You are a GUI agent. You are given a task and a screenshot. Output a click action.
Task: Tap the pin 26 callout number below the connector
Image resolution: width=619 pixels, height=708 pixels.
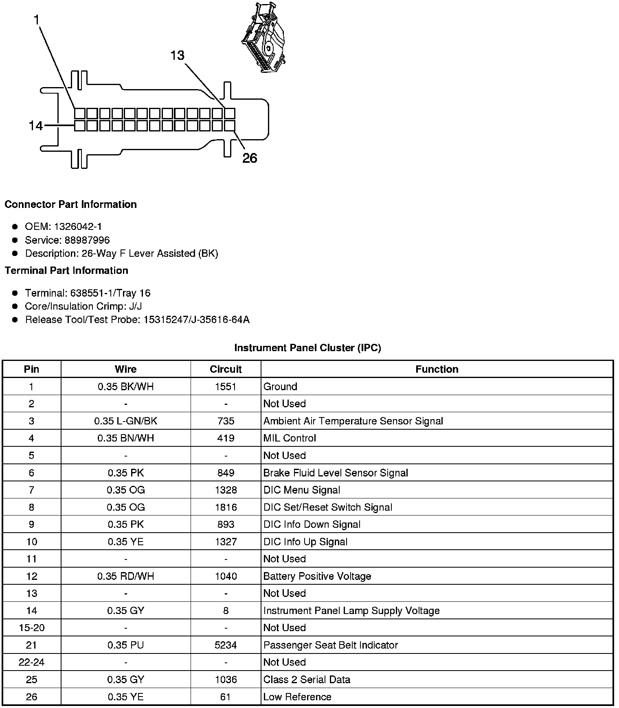[250, 158]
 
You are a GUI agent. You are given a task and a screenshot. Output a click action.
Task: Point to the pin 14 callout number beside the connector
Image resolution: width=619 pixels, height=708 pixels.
[35, 126]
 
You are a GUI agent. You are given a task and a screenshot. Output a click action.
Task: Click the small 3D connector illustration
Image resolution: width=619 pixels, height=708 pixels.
[263, 38]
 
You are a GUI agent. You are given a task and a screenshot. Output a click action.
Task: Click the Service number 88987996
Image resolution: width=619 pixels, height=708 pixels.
[87, 240]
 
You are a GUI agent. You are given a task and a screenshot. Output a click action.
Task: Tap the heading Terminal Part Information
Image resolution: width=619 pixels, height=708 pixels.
[66, 271]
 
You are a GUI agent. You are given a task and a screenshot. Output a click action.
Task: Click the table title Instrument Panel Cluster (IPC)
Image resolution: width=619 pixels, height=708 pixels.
[307, 348]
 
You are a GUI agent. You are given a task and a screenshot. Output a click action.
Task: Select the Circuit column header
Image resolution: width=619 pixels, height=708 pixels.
[226, 369]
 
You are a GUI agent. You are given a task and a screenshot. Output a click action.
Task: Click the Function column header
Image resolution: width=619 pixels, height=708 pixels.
[437, 369]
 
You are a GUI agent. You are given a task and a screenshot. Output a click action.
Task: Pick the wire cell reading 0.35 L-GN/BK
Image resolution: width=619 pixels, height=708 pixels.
[125, 421]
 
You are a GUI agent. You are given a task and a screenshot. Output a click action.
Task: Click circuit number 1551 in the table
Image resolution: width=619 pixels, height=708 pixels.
[226, 387]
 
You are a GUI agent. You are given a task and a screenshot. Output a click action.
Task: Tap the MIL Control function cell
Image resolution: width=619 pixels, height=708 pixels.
[290, 438]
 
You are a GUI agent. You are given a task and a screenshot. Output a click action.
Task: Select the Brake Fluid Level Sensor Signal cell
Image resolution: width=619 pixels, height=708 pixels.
[336, 473]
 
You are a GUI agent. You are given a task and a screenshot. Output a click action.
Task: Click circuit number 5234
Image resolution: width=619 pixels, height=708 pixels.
[226, 645]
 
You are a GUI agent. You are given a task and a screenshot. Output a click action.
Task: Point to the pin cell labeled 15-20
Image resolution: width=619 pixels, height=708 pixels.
[31, 628]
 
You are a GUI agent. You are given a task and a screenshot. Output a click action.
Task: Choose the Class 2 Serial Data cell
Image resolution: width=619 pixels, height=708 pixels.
[307, 680]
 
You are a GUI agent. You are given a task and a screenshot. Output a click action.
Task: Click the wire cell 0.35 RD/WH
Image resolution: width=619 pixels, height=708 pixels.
[125, 576]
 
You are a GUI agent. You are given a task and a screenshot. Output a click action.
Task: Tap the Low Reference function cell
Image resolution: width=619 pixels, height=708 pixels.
[297, 697]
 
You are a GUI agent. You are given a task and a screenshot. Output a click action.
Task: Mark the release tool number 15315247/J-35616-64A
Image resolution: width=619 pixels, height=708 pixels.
[196, 320]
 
